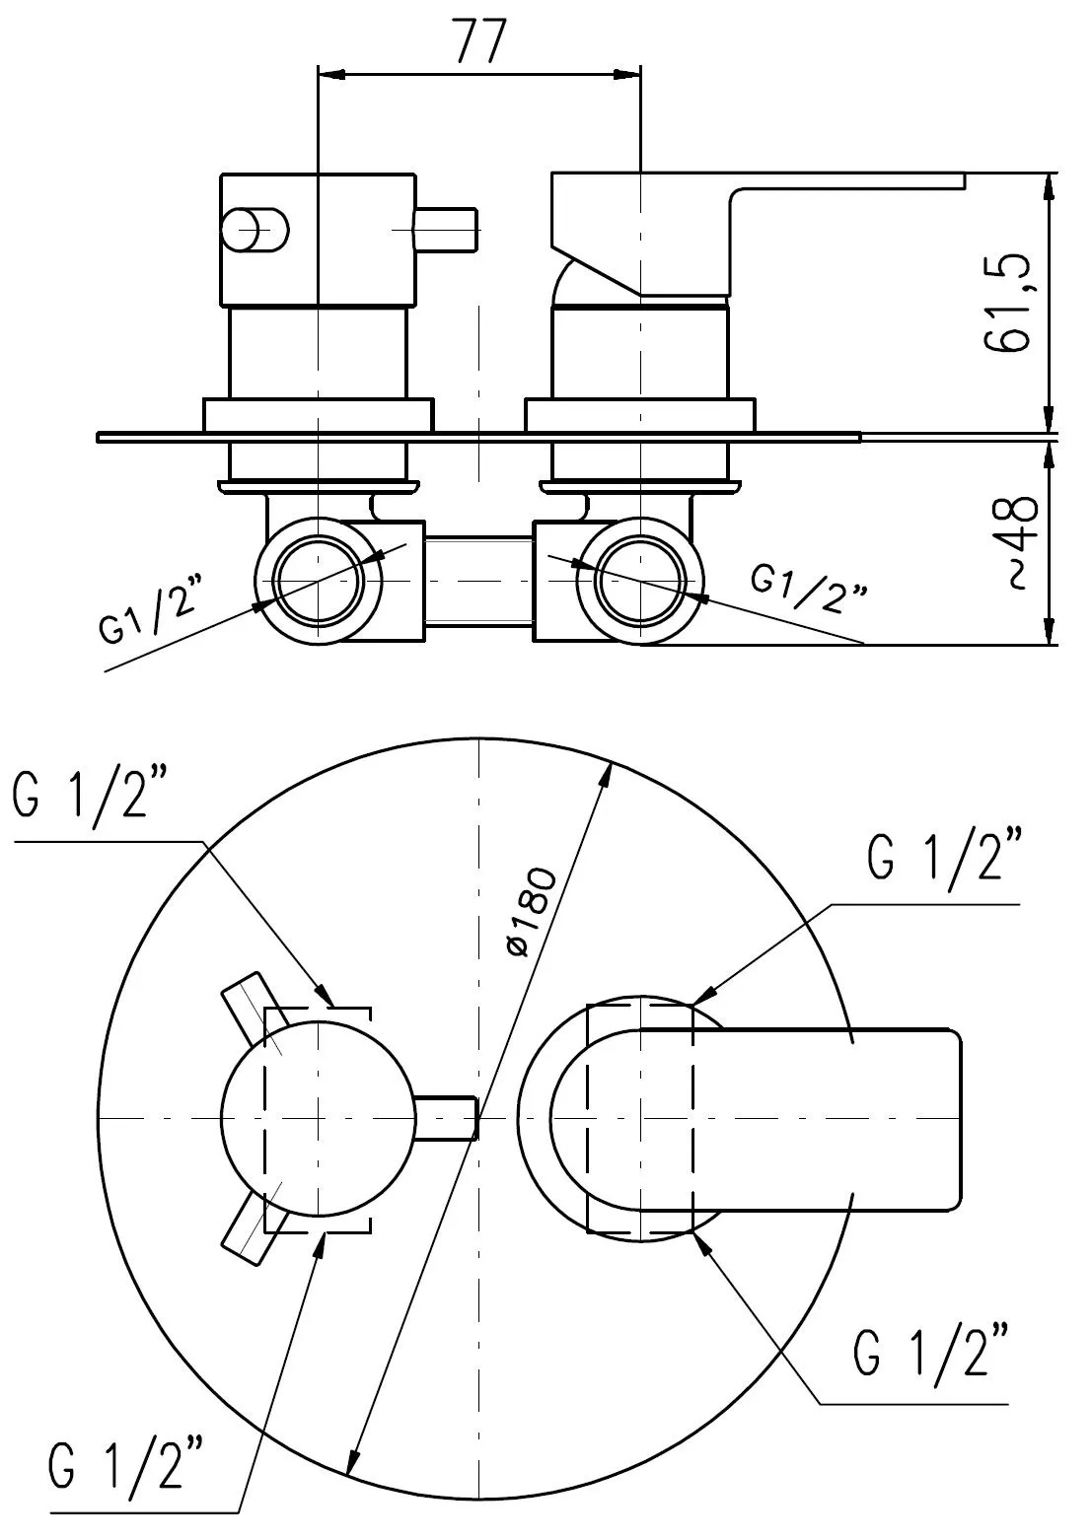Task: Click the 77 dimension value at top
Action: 480,40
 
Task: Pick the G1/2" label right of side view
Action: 808,588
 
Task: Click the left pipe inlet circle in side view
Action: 319,581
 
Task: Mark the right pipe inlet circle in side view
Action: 640,581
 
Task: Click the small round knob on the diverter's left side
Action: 255,230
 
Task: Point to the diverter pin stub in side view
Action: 445,230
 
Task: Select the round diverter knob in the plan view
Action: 319,1118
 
